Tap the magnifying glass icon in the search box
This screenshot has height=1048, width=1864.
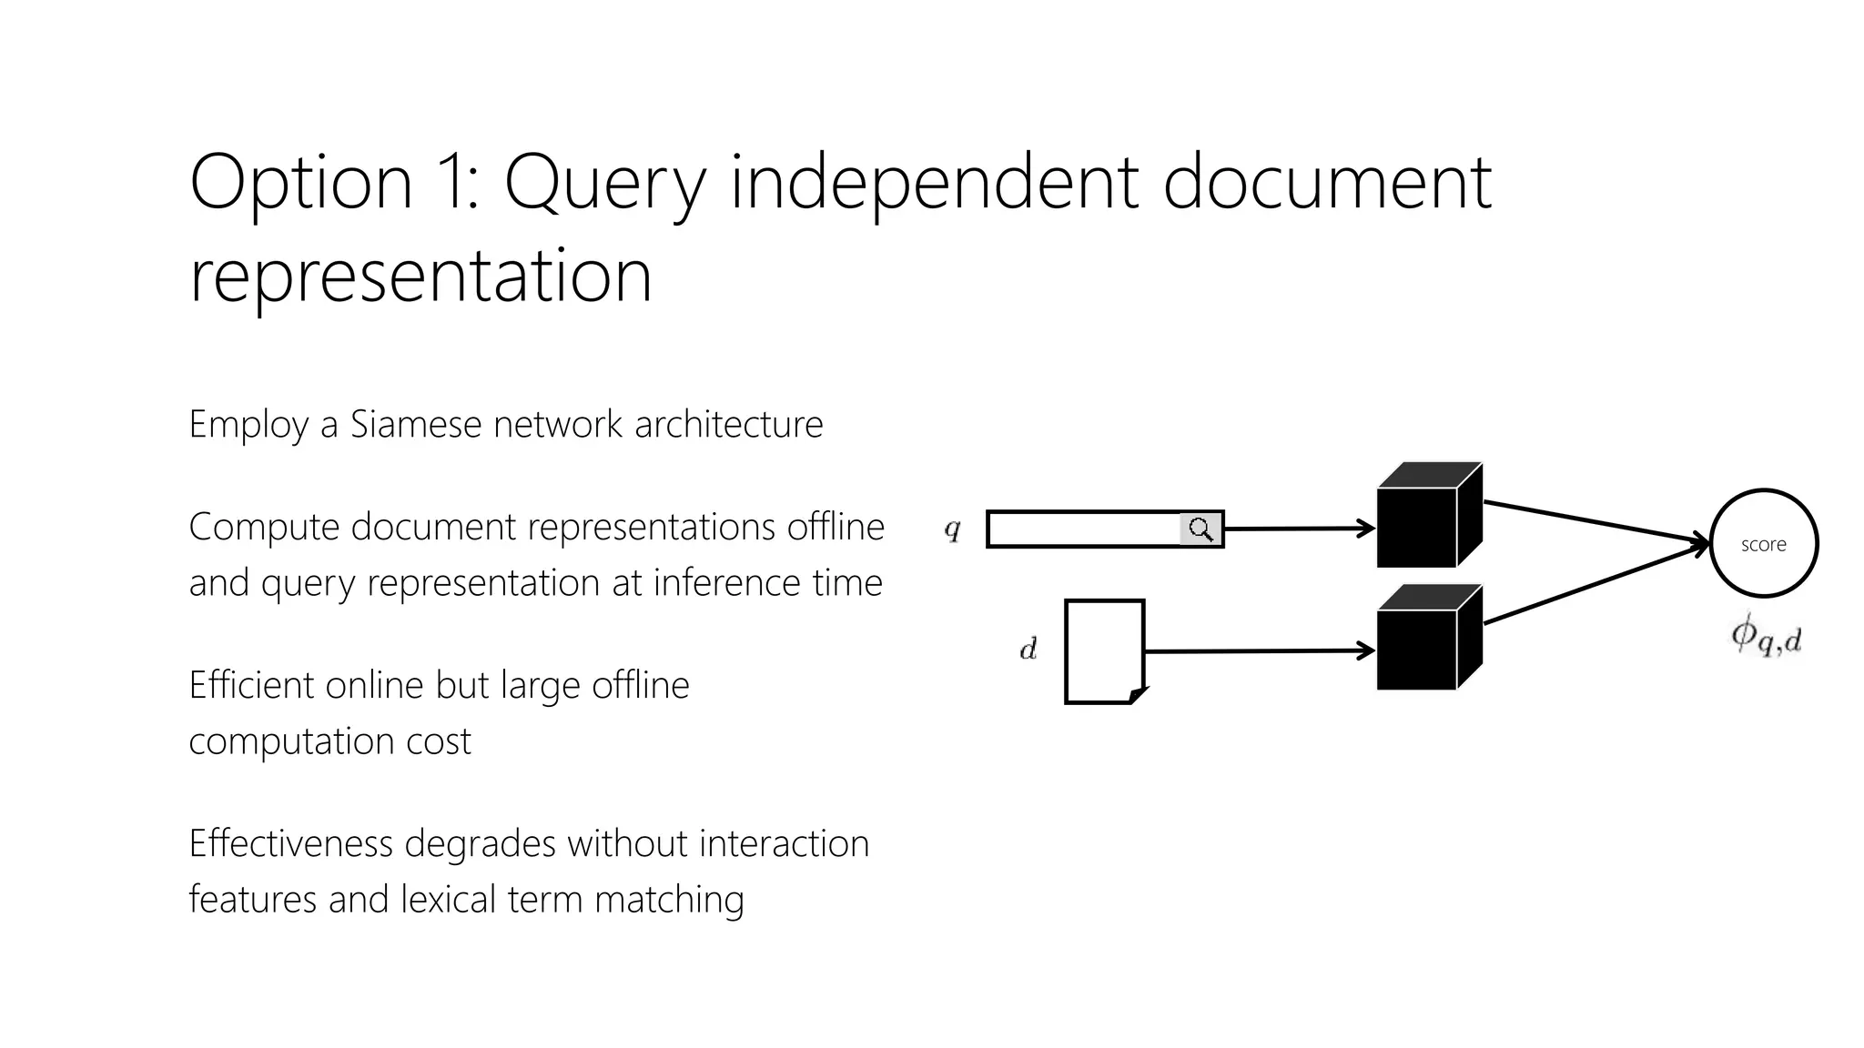(1201, 529)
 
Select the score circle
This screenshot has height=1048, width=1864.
(1763, 543)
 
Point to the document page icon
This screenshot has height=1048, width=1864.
(1104, 650)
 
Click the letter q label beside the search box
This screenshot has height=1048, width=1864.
(952, 529)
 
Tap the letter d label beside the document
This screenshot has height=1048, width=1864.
(1028, 650)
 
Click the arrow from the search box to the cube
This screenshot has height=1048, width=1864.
(1297, 529)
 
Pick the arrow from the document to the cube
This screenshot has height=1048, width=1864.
(1256, 651)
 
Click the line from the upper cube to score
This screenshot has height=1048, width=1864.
(1593, 522)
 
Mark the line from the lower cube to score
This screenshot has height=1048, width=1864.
(1593, 584)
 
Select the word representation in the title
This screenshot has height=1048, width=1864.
(420, 277)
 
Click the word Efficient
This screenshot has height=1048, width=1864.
(250, 685)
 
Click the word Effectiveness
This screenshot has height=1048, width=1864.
(291, 843)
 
